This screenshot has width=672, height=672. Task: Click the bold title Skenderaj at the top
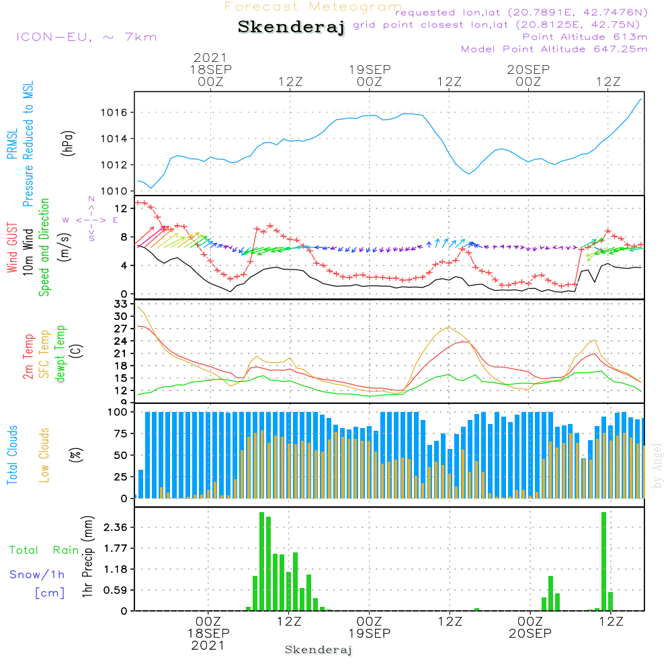tap(291, 27)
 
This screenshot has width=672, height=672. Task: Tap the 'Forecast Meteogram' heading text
tap(313, 7)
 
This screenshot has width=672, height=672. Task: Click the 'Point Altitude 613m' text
tap(585, 36)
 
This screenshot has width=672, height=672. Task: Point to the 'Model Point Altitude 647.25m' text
tap(554, 48)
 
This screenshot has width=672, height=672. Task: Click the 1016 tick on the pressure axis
tap(114, 112)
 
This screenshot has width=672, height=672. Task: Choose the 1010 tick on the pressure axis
tap(114, 191)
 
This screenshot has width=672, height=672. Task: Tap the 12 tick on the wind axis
tap(121, 208)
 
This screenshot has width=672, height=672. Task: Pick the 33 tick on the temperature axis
tap(121, 304)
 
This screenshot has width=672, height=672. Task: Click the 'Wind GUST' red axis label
tap(12, 248)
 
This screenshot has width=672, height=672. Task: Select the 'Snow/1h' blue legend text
tap(37, 575)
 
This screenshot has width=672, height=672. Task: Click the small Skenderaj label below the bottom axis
tap(319, 650)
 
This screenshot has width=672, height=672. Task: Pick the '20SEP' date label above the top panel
tap(528, 70)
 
